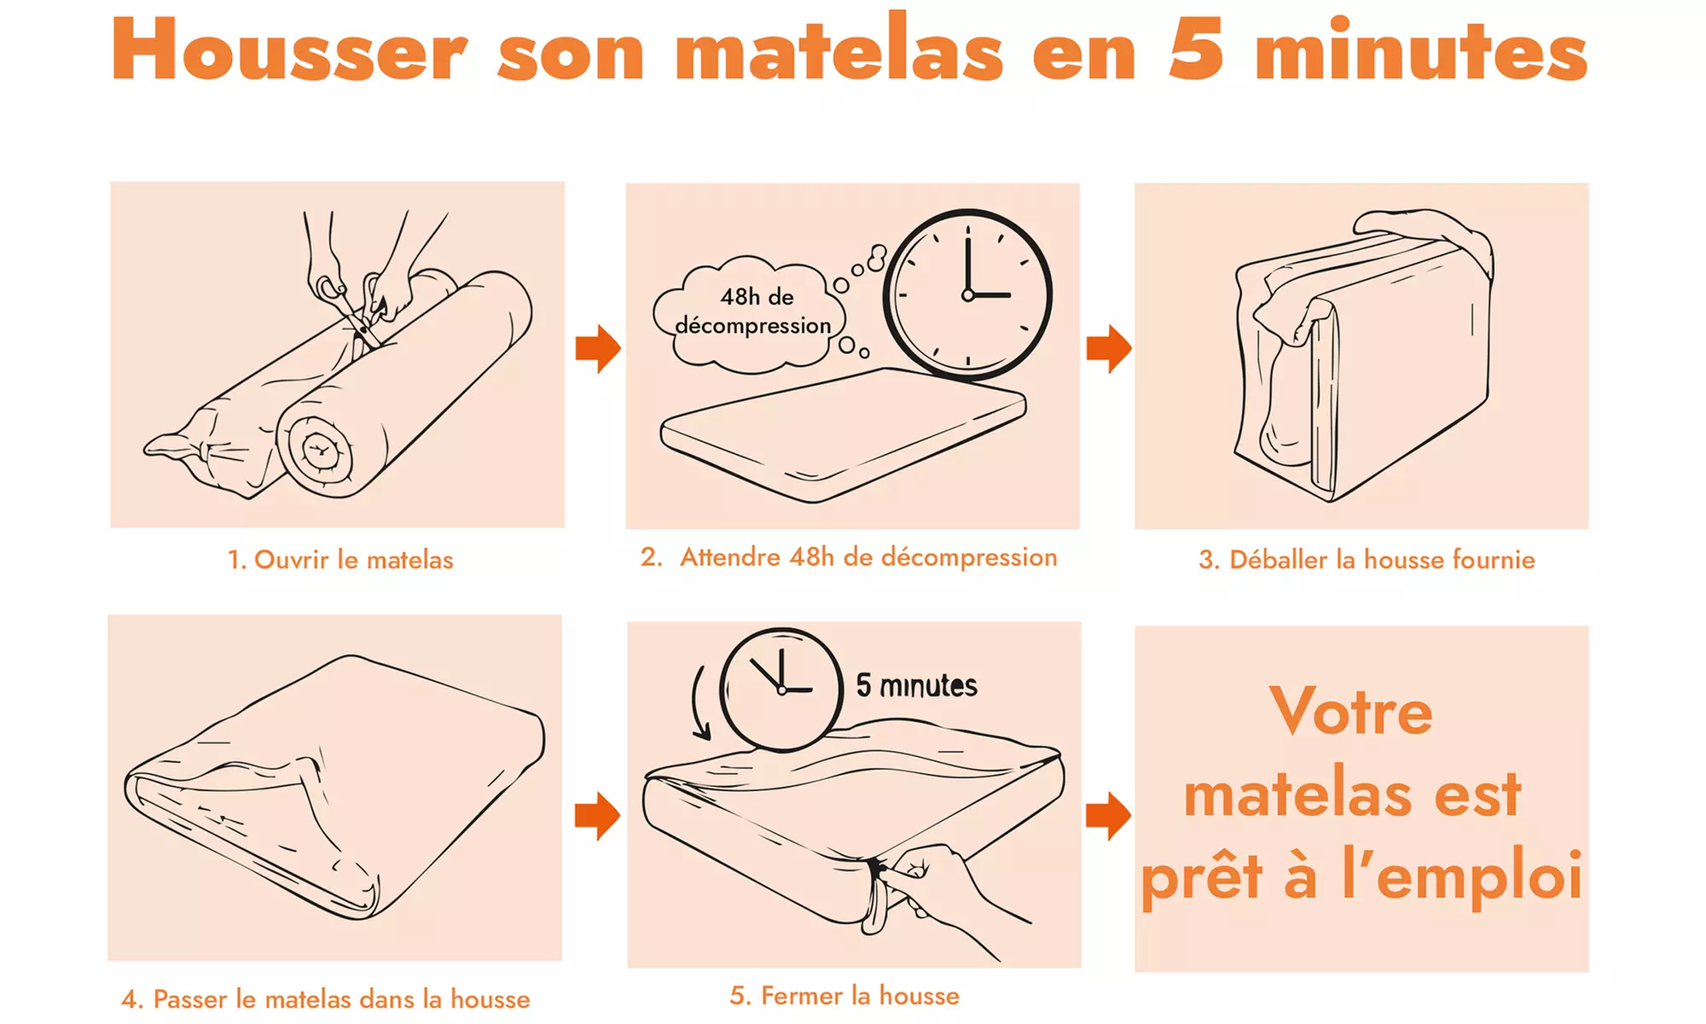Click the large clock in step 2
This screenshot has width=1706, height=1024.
click(967, 294)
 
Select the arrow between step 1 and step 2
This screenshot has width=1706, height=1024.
click(597, 348)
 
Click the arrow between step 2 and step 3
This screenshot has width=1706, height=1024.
click(1108, 348)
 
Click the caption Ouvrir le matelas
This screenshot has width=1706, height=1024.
click(340, 560)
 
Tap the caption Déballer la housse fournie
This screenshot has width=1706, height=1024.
click(1367, 560)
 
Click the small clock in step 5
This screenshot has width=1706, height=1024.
click(781, 689)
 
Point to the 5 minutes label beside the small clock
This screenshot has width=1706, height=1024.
click(916, 685)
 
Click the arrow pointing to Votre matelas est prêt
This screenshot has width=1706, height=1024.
click(1108, 816)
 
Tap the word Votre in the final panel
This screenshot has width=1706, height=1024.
click(1351, 711)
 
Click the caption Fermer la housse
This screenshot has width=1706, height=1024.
click(844, 996)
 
